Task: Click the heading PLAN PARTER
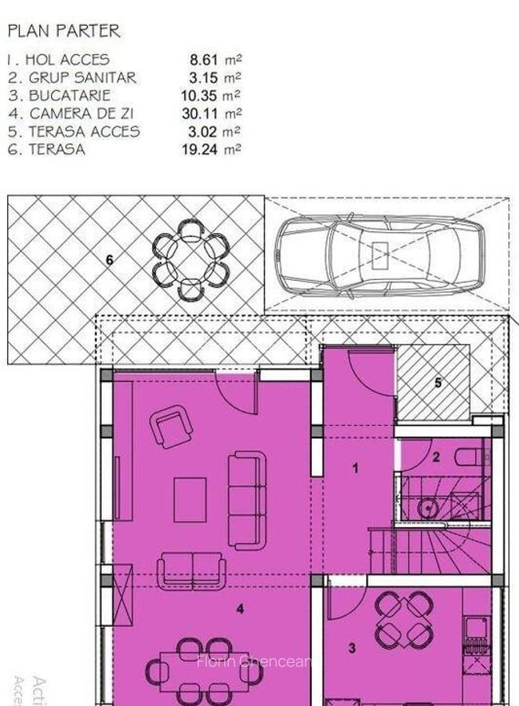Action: click(64, 31)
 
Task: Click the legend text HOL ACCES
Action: click(67, 59)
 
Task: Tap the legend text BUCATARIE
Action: click(70, 95)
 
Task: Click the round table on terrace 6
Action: click(191, 259)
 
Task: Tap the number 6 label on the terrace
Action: click(110, 259)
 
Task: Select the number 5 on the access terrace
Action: click(438, 383)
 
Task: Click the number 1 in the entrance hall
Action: click(355, 468)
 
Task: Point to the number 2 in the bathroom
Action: click(437, 457)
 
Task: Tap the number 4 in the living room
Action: click(240, 608)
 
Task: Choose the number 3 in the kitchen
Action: click(352, 648)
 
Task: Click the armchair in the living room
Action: click(172, 426)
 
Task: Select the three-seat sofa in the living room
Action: click(247, 500)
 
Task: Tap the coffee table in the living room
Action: click(190, 500)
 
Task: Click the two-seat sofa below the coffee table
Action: click(192, 570)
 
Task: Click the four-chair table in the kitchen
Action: click(404, 619)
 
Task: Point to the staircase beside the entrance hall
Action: click(431, 549)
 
